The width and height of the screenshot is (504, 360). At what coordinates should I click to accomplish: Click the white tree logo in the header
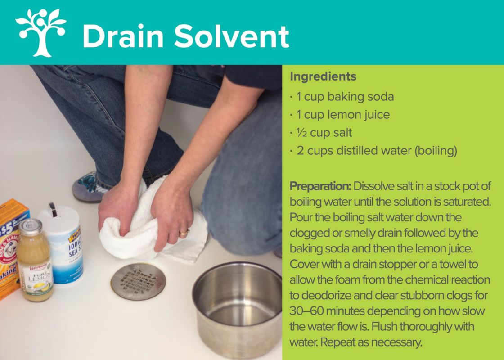[x=41, y=32]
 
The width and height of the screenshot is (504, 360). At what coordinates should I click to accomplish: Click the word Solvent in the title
[x=231, y=36]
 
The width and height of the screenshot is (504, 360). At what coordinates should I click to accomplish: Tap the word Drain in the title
[x=123, y=36]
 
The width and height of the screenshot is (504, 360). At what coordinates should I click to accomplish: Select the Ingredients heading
[x=323, y=77]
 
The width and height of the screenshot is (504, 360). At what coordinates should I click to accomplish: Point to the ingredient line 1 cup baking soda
[x=342, y=97]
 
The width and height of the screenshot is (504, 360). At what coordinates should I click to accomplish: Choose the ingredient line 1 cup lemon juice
[x=340, y=115]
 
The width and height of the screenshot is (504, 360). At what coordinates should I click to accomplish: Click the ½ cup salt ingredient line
[x=321, y=133]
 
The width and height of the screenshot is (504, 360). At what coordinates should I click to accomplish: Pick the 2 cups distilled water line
[x=373, y=150]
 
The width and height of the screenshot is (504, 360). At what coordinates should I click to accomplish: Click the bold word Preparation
[x=320, y=186]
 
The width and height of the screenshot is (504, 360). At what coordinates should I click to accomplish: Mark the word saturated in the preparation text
[x=467, y=202]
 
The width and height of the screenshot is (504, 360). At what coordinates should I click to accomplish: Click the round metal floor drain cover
[x=138, y=282]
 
